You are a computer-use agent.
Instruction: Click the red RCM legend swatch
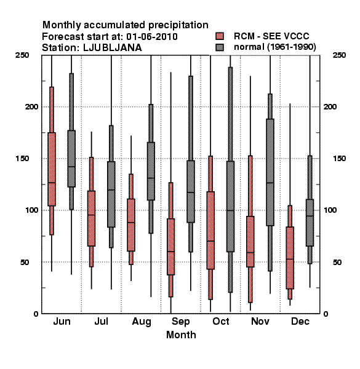point(220,36)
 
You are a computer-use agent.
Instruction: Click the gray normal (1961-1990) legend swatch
point(220,47)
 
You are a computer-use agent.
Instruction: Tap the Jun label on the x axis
point(62,322)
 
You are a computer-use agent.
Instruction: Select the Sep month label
point(180,322)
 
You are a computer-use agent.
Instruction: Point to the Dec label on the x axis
point(300,322)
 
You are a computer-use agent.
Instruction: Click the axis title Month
point(181,335)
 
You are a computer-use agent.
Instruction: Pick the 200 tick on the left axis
point(31,107)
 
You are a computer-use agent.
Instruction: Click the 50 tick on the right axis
point(337,262)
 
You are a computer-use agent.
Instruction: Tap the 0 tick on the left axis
point(36,314)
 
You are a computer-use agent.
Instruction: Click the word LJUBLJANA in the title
point(113,48)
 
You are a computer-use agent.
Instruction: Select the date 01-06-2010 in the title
point(152,37)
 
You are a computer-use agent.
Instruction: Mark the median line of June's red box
point(52,183)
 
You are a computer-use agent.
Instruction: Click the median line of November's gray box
point(270,183)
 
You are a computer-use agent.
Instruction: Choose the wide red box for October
point(210,231)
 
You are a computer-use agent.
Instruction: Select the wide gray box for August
point(151,172)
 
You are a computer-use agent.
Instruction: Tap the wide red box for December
point(290,258)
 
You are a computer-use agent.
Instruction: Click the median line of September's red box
point(170,252)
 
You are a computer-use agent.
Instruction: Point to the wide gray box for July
point(111,194)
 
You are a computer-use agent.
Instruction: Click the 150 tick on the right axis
point(339,159)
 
